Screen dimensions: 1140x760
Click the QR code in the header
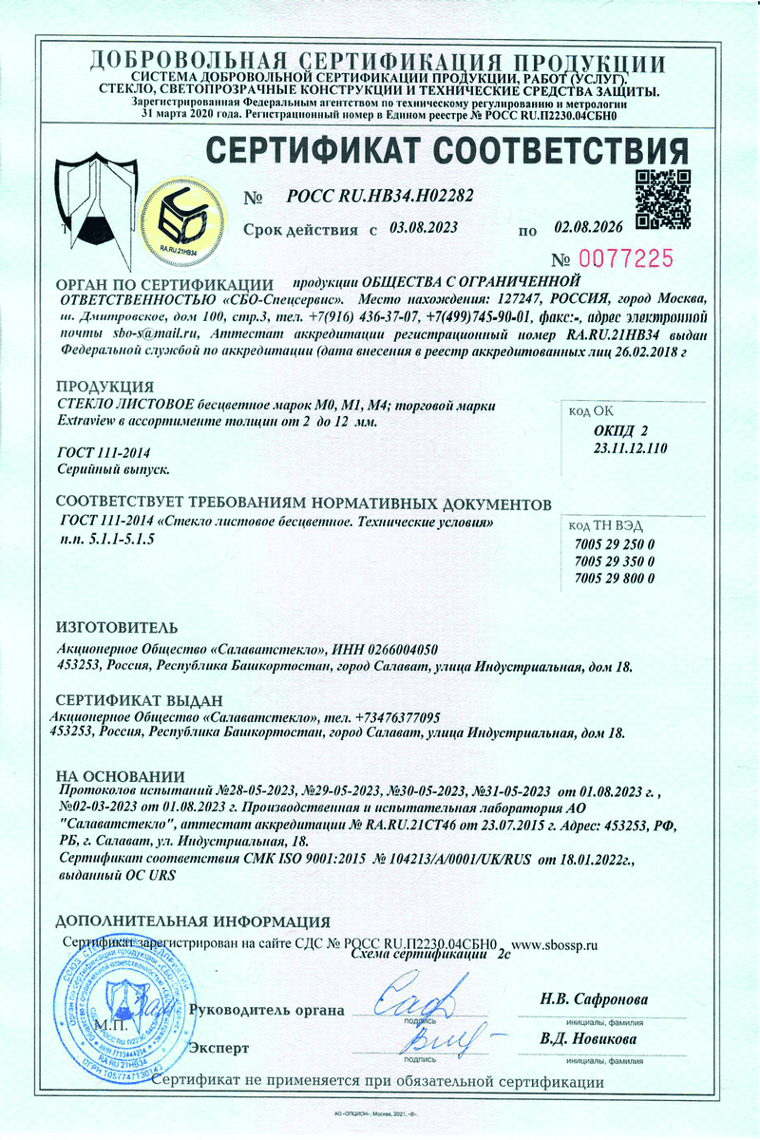(x=662, y=199)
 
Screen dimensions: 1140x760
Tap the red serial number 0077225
(x=624, y=257)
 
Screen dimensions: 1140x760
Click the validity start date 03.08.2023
(x=424, y=228)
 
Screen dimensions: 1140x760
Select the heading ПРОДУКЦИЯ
(x=104, y=388)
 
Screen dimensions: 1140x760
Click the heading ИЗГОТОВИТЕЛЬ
(x=116, y=628)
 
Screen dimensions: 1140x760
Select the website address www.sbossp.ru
(x=557, y=945)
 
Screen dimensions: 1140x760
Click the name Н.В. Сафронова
(x=594, y=999)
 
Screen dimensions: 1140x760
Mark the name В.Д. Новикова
(x=588, y=1038)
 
